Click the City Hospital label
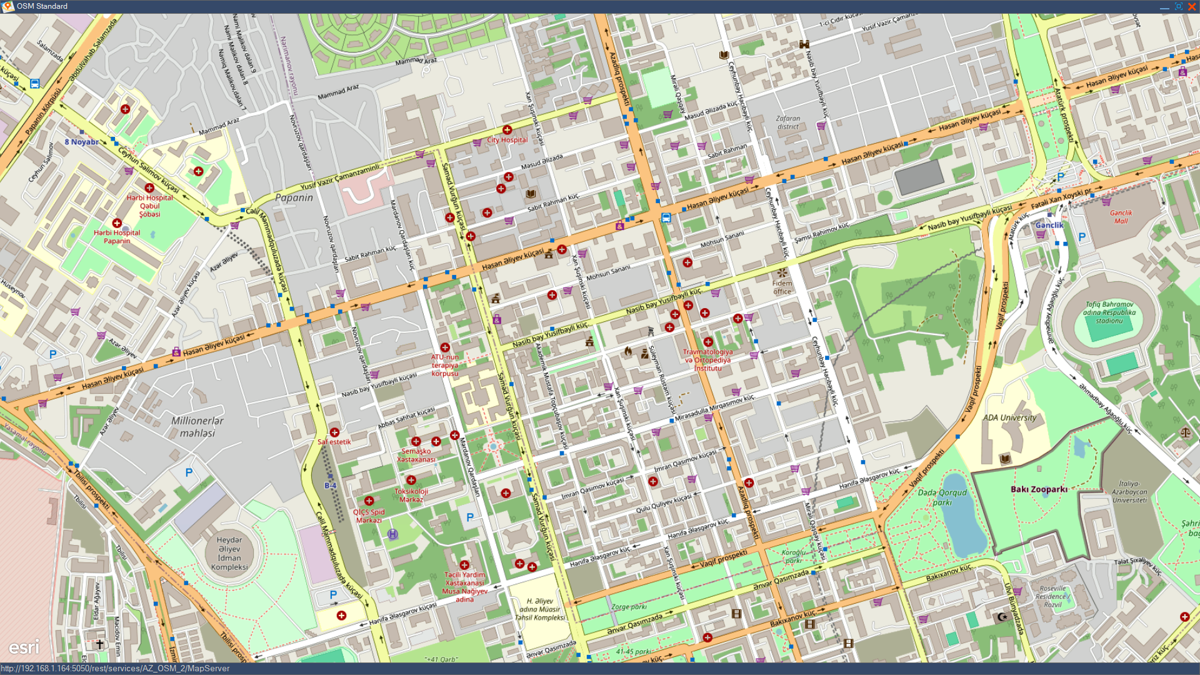tap(507, 140)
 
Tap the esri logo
tap(24, 647)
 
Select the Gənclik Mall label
tap(1121, 217)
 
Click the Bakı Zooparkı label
tap(1039, 489)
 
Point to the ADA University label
tap(1009, 417)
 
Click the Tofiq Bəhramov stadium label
tap(1109, 312)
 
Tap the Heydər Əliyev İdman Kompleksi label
tap(229, 553)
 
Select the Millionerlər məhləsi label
tap(197, 427)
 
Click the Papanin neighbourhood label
tap(294, 197)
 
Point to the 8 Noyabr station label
tap(81, 142)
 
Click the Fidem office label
tap(782, 287)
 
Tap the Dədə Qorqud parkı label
tap(942, 497)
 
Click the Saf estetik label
tap(334, 442)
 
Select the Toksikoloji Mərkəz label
tap(411, 495)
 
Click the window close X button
tap(1192, 6)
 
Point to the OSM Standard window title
tap(42, 6)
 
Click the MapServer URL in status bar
tap(115, 668)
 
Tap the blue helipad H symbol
tap(392, 534)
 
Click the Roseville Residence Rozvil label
tap(1052, 596)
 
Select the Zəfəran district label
tap(787, 122)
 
